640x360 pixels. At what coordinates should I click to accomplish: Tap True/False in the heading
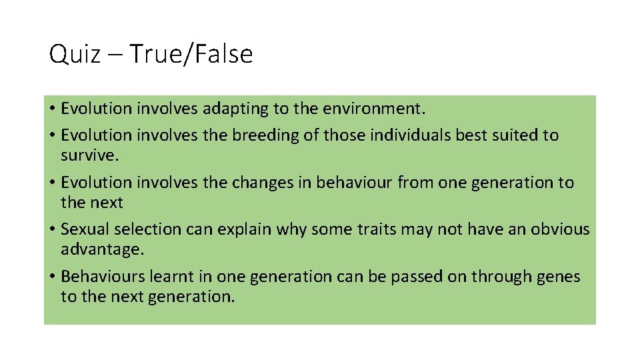191,55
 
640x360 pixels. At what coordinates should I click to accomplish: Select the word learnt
164,277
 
